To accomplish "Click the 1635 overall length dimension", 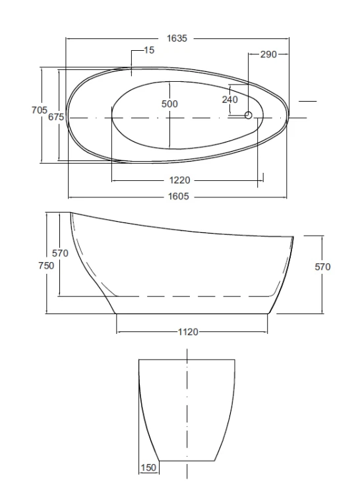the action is pos(177,38).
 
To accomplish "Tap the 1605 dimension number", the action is pos(179,197).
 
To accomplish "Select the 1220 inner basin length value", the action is pos(180,180).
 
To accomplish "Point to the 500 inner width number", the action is pos(169,104).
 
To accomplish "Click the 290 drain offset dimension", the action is pos(268,54).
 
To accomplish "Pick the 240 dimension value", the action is pos(230,100).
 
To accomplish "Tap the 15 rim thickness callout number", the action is pos(149,50).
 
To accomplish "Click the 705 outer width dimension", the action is pos(40,110).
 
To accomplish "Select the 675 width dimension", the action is pos(56,117).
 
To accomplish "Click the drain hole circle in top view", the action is pos(249,115).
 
